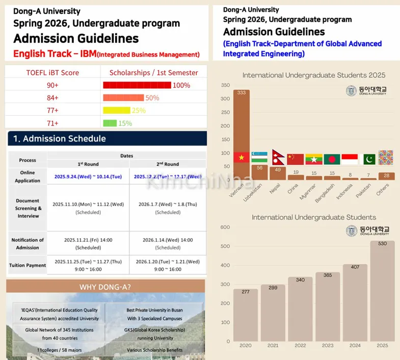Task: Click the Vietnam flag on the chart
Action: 242,158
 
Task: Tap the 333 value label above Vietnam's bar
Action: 242,93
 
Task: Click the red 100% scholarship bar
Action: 137,85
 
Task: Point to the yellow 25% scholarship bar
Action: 117,110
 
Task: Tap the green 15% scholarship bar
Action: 110,123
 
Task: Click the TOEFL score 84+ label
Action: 53,98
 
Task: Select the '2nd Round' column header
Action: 168,164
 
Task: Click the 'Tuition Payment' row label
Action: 28,265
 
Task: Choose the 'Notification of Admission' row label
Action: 28,243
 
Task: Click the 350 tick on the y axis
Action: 225,85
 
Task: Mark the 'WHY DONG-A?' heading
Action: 105,287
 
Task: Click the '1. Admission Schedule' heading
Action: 60,139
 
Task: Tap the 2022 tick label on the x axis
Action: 300,345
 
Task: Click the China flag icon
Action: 295,159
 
